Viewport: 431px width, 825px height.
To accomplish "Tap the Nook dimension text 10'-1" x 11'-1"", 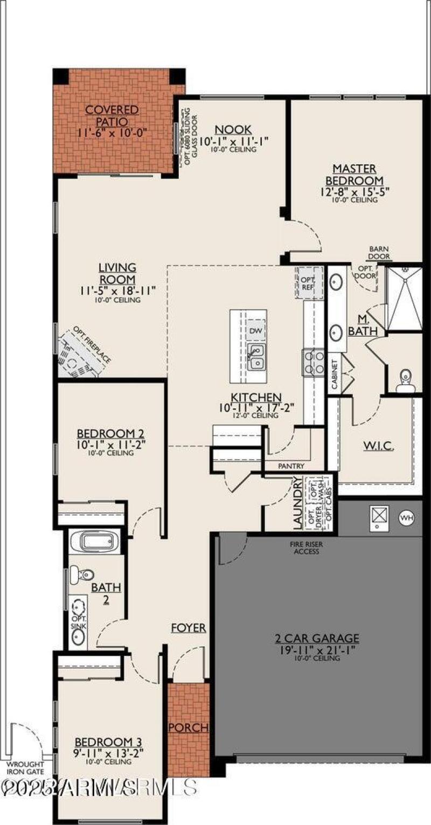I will [233, 141].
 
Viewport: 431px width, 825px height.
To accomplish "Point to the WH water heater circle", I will [406, 518].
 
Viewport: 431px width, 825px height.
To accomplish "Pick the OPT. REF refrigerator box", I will [308, 283].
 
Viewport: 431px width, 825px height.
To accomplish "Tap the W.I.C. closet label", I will [378, 446].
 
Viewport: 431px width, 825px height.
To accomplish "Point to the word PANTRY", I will [291, 466].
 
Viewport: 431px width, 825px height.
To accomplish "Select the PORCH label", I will [188, 727].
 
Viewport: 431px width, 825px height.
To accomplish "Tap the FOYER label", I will [189, 628].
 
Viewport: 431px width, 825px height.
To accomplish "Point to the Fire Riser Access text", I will [304, 547].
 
